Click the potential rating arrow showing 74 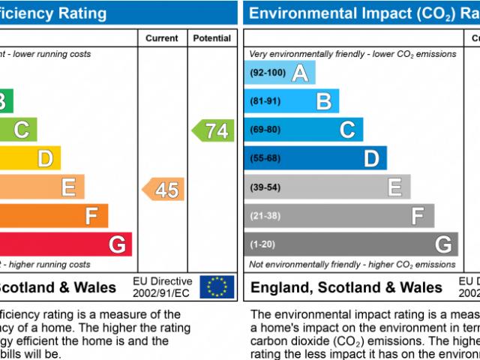point(214,130)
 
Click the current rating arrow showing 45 point(164,190)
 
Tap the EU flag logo point(217,286)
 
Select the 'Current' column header point(162,38)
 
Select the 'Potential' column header point(211,38)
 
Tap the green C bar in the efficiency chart point(18,130)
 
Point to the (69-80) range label point(265,130)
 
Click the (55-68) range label point(265,158)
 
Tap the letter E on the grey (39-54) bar point(395,187)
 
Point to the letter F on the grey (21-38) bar point(418,216)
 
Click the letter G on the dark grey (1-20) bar point(443,244)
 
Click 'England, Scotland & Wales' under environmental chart point(346,287)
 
